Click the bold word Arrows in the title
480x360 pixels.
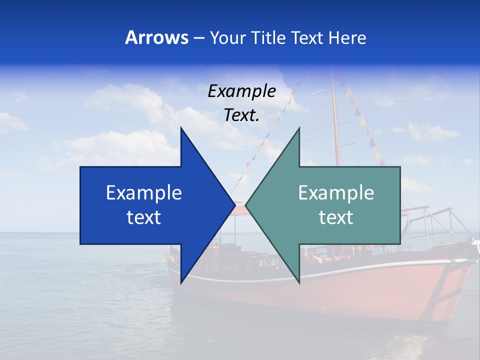[x=156, y=37]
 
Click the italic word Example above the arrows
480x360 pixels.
[x=241, y=91]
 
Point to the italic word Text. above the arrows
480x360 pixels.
[x=241, y=115]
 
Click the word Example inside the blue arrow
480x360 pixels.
[x=144, y=192]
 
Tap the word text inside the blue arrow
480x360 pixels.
[x=144, y=217]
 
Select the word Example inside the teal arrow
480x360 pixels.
[x=336, y=192]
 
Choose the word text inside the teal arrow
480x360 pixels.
[x=336, y=217]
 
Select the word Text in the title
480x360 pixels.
[x=307, y=37]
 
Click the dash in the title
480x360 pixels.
[x=198, y=38]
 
